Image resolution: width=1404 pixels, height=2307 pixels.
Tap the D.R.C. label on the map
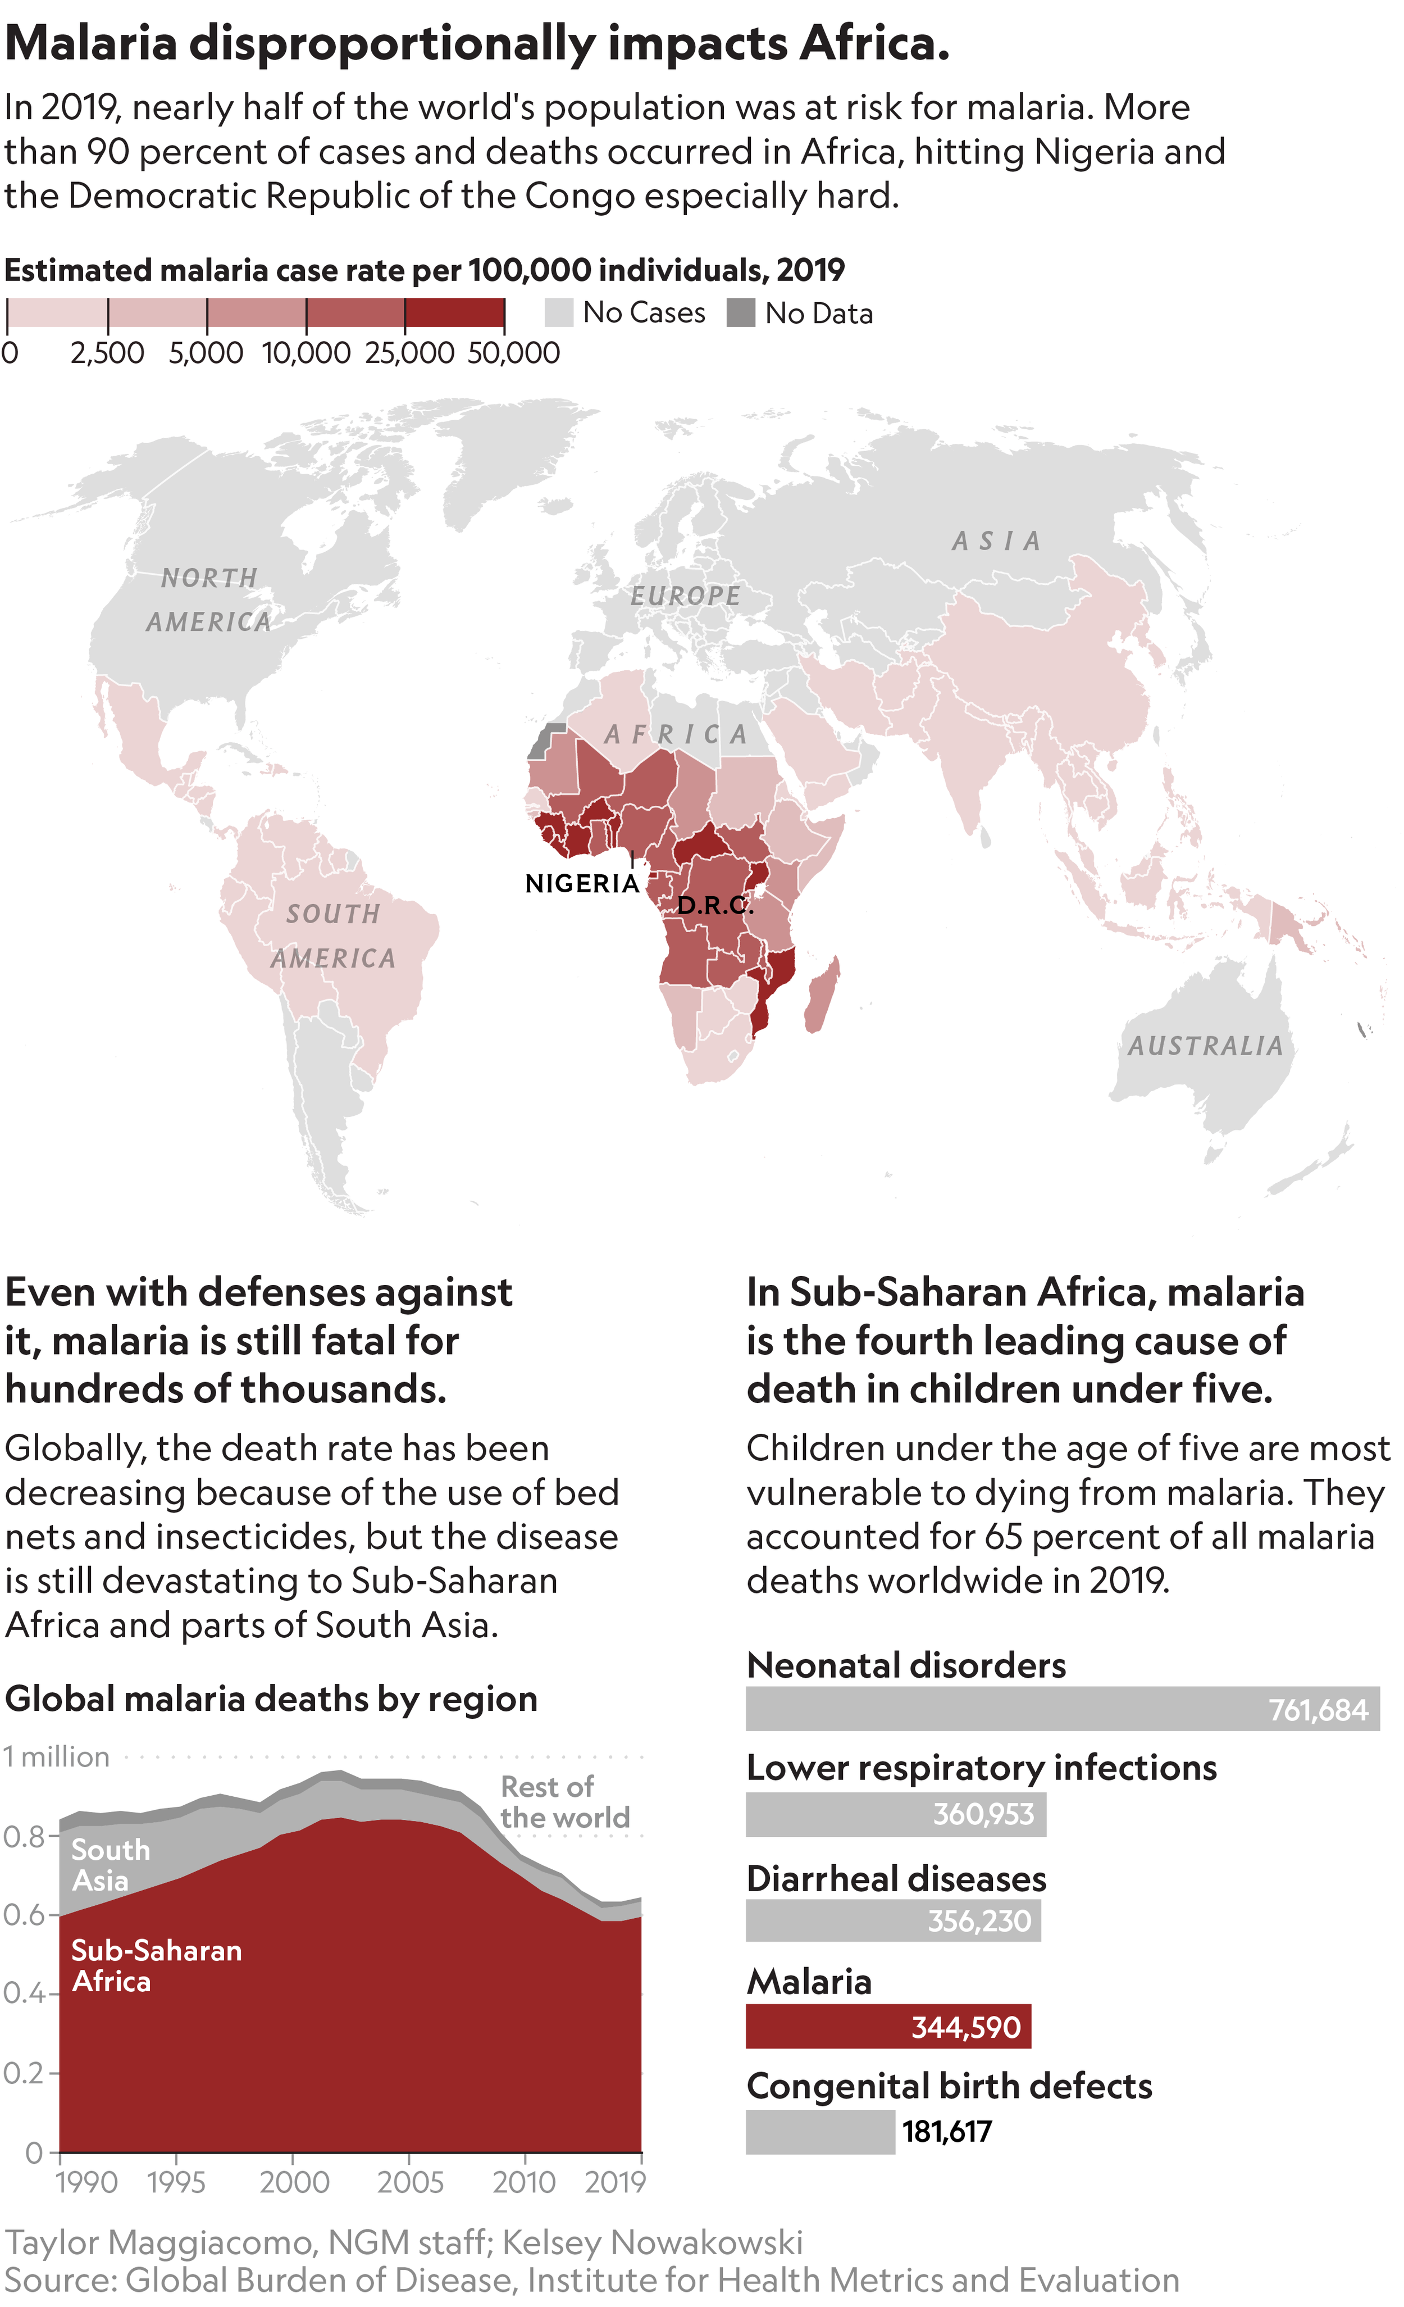(x=715, y=905)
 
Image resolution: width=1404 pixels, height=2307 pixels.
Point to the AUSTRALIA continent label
(x=1205, y=1046)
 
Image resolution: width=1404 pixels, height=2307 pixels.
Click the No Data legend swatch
(x=740, y=313)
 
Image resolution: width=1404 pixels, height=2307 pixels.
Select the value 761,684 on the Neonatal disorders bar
(x=1318, y=1711)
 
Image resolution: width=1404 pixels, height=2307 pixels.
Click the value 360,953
(x=983, y=1814)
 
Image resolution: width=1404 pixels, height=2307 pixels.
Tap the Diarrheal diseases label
(x=896, y=1879)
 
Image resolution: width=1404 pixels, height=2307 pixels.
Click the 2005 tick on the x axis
(x=409, y=2182)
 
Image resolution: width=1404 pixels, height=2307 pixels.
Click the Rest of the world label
(x=564, y=1802)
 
